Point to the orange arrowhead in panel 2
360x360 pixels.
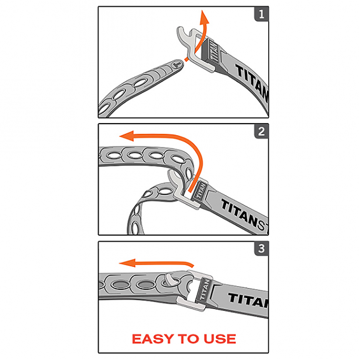click(127, 136)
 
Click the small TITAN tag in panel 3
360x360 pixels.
click(206, 291)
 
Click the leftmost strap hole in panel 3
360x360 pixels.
click(111, 283)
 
